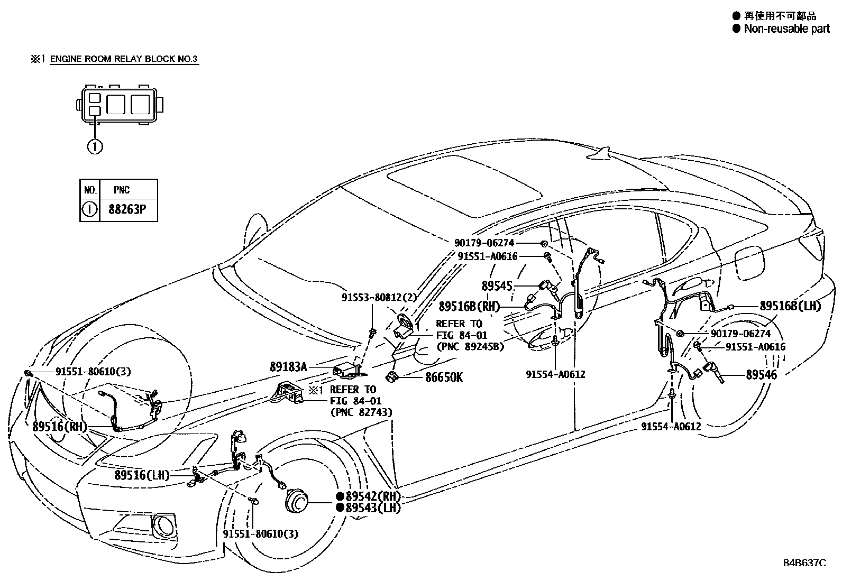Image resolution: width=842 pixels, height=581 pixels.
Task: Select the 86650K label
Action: point(444,377)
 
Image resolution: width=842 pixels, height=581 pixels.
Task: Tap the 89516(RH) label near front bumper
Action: point(59,426)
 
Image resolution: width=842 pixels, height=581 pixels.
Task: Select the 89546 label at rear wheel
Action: point(761,375)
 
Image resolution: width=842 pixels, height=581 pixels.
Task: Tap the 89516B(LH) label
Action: point(790,306)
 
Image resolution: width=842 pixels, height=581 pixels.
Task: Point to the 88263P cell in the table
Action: point(127,209)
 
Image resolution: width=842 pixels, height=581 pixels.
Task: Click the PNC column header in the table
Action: point(122,190)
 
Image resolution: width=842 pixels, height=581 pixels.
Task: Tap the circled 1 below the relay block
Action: point(95,146)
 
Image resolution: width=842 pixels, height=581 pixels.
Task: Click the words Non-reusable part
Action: point(786,29)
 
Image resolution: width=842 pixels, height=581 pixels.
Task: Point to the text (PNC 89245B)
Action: point(470,347)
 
